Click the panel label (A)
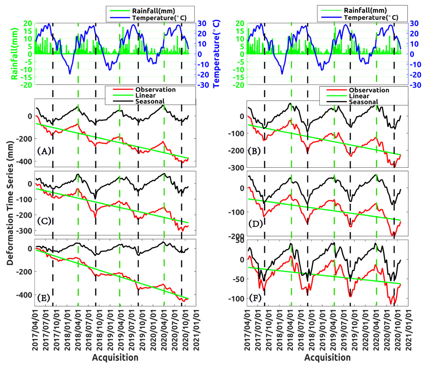pos(44,151)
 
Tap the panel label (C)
pos(44,221)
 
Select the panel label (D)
pos(256,223)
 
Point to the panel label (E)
pos(44,298)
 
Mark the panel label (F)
pos(255,298)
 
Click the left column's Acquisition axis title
pos(115,358)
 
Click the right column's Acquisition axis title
pos(327,358)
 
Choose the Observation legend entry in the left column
pos(155,90)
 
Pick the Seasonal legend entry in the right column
pos(363,102)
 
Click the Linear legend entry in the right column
pos(359,96)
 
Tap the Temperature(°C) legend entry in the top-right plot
pos(371,17)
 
